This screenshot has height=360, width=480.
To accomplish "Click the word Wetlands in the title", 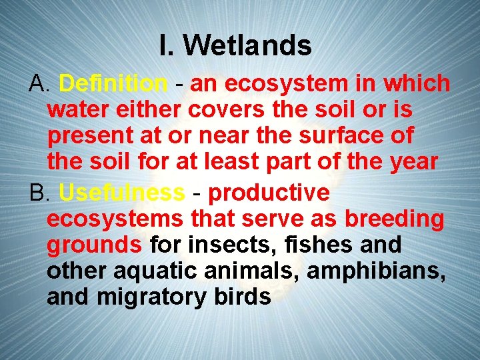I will [247, 46].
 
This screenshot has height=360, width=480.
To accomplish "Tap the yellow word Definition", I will [113, 84].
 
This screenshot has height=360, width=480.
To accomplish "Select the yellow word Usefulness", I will [121, 193].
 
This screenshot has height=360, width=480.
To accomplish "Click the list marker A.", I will [40, 84].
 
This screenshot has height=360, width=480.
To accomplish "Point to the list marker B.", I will [40, 193].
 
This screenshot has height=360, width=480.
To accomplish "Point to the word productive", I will [269, 193].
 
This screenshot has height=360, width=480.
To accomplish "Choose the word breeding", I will [394, 219].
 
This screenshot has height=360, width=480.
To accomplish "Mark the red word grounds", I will [95, 245].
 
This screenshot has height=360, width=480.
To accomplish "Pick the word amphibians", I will [374, 271].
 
